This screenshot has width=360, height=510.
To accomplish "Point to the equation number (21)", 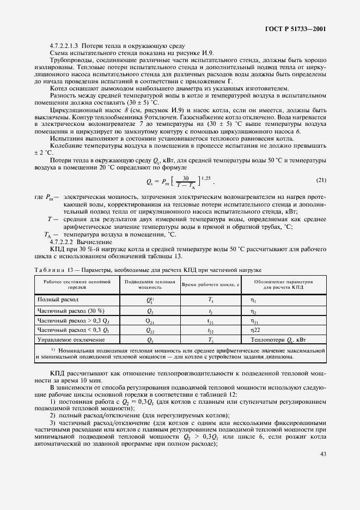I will click(321, 180).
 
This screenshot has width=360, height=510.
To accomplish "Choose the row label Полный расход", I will click(58, 300).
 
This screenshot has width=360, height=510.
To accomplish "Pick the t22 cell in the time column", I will click(210, 330).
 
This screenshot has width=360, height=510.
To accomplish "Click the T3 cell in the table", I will click(210, 340).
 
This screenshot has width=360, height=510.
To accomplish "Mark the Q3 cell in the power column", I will click(150, 340).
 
